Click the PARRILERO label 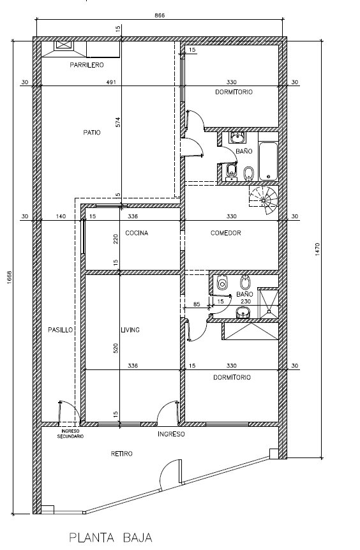click(x=87, y=65)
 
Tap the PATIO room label click(x=92, y=133)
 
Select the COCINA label click(x=137, y=233)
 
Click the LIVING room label click(x=130, y=330)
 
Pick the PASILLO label click(x=61, y=330)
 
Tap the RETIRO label click(x=122, y=454)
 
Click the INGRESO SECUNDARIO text click(x=70, y=434)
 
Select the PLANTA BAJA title click(x=110, y=538)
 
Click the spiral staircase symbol click(x=264, y=200)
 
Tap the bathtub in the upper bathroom click(x=269, y=161)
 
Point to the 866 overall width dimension click(x=160, y=15)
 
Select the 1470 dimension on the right click(x=317, y=249)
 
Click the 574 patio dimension click(x=118, y=122)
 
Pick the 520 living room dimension click(x=116, y=348)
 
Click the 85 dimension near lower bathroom click(x=197, y=304)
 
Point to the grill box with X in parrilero click(x=63, y=46)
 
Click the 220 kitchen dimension click(x=116, y=239)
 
